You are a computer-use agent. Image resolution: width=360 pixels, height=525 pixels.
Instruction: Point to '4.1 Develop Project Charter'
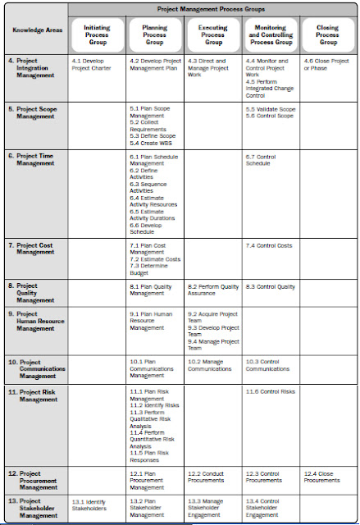[93, 65]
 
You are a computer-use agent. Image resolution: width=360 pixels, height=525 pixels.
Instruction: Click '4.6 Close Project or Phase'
[326, 65]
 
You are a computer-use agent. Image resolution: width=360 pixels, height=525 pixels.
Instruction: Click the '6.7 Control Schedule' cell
[263, 159]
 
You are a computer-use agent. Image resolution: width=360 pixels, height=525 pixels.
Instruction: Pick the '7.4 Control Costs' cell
[268, 245]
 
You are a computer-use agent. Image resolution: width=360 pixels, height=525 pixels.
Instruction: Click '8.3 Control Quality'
[270, 286]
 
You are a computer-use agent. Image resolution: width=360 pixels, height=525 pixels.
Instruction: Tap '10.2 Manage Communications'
[210, 365]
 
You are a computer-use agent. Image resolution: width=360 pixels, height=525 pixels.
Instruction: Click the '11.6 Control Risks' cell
[270, 392]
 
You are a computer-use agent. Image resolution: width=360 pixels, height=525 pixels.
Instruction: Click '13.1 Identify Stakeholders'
[89, 504]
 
